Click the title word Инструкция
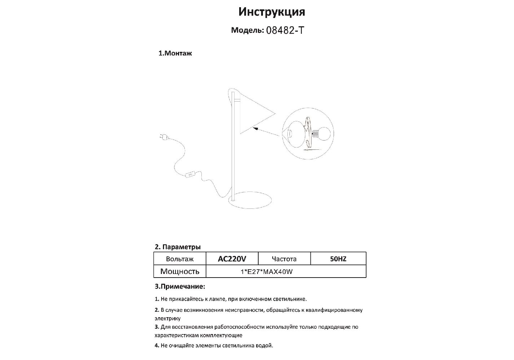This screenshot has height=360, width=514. coord(272,12)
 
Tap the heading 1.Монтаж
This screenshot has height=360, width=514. coord(175,53)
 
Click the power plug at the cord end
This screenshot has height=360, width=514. coord(162,136)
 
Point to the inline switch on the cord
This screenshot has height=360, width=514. coord(189,175)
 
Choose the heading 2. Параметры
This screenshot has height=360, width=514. coord(178,247)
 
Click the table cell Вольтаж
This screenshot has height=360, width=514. coord(179,259)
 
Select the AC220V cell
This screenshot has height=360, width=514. coord(232,259)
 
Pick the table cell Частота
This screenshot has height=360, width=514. coord(284,259)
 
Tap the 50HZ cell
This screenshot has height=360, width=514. coord(338,259)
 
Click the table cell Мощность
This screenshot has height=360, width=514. coord(179,271)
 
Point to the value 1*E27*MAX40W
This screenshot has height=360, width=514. coord(267,272)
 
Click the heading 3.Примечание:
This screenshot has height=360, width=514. coord(180,287)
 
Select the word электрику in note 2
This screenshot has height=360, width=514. coord(168,319)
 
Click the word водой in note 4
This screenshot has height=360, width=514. coord(265,346)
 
